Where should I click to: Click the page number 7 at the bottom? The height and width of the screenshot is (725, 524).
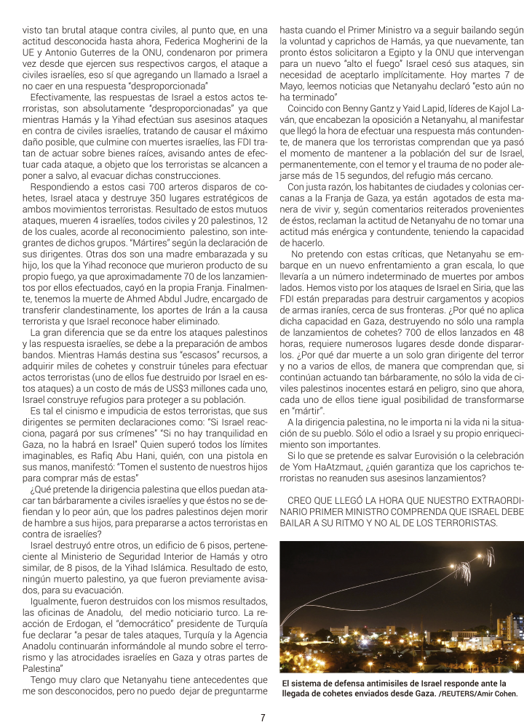pyautogui.click(x=262, y=716)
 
